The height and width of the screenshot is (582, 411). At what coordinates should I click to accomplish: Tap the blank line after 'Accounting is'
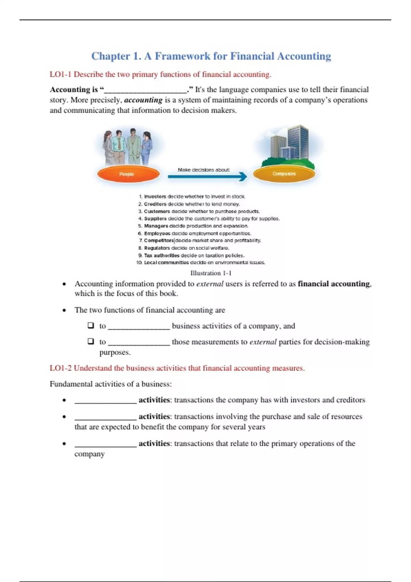click(145, 90)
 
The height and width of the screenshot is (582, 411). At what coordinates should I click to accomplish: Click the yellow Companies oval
click(284, 174)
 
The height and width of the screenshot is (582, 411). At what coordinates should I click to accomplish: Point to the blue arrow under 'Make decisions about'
click(207, 177)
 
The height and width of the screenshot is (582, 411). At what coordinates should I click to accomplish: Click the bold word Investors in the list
click(155, 197)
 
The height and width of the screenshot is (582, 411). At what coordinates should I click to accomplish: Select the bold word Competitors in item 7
click(159, 241)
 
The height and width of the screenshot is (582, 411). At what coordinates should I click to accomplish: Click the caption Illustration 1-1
click(211, 273)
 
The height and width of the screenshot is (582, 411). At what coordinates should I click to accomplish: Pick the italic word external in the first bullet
click(210, 284)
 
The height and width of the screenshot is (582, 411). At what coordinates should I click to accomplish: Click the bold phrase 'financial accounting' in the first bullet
click(334, 284)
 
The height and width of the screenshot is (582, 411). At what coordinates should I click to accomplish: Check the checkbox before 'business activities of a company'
click(91, 326)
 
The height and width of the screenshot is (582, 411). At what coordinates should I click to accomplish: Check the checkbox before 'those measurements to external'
click(91, 341)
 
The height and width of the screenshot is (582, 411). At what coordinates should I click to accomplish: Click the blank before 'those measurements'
click(139, 342)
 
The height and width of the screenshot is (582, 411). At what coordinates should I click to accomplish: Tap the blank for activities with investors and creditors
click(105, 401)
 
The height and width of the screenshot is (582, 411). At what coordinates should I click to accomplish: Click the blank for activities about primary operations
click(105, 444)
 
